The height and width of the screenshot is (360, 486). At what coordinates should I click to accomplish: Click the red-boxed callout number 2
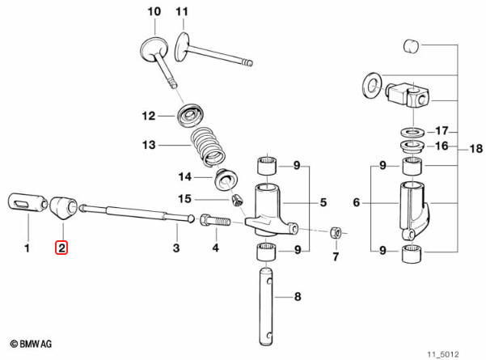(61, 248)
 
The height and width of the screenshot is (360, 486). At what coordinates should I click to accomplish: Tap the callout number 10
(154, 12)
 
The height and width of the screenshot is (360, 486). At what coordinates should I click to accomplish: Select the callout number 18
(476, 149)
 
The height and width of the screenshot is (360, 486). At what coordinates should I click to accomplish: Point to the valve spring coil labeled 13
(208, 146)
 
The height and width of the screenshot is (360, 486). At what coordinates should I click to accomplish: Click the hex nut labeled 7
(336, 232)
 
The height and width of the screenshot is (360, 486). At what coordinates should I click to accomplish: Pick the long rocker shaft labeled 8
(266, 307)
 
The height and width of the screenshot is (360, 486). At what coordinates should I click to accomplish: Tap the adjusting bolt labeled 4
(215, 222)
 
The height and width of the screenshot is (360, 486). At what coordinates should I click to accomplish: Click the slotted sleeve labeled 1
(27, 202)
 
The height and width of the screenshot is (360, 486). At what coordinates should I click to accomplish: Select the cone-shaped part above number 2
(64, 207)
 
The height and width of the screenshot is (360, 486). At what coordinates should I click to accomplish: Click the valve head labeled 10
(154, 49)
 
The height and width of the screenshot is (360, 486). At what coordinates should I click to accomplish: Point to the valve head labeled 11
(182, 47)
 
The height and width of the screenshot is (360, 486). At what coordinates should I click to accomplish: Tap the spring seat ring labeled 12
(190, 116)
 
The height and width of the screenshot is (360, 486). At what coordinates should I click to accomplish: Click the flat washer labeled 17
(412, 132)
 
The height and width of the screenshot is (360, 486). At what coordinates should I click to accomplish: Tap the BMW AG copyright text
(31, 344)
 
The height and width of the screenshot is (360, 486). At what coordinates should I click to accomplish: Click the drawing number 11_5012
(443, 354)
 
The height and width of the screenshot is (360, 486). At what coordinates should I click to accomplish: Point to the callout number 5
(323, 202)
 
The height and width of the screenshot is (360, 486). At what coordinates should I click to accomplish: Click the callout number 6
(357, 202)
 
